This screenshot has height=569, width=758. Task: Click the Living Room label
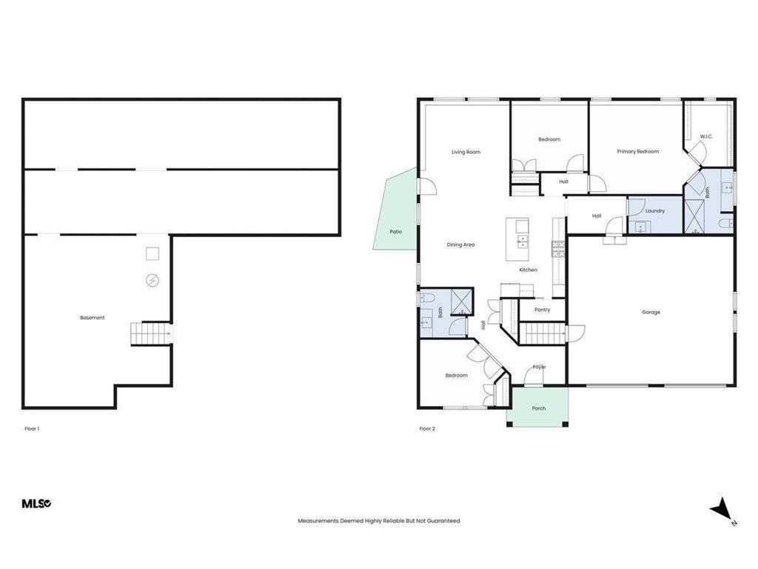(x=466, y=152)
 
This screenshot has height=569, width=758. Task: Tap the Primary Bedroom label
(x=637, y=151)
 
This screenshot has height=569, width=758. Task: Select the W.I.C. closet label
(x=705, y=136)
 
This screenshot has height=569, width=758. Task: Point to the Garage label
(x=651, y=312)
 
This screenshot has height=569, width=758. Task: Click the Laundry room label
(x=654, y=210)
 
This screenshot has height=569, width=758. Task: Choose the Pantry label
(x=543, y=310)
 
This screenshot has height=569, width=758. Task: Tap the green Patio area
(x=395, y=215)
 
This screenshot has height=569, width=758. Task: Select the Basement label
(x=93, y=318)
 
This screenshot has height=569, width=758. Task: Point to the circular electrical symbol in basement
(x=152, y=281)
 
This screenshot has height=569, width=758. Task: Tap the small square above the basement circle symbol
(x=152, y=254)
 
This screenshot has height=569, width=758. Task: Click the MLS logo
(x=36, y=504)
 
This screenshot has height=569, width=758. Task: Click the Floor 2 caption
(x=427, y=428)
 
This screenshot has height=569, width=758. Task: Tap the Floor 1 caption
(x=31, y=428)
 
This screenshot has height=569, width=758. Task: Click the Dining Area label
(x=460, y=244)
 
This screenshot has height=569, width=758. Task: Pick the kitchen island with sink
(x=517, y=239)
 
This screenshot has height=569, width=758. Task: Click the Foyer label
(x=540, y=367)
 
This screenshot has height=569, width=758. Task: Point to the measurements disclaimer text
(x=378, y=521)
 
